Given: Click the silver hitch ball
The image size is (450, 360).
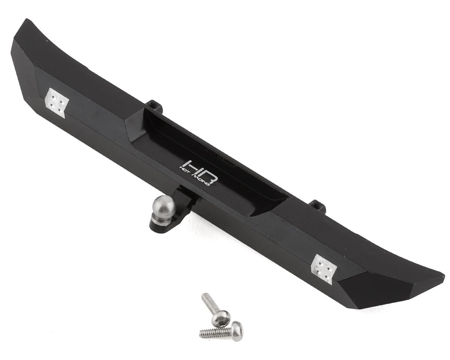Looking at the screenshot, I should tap(163, 205).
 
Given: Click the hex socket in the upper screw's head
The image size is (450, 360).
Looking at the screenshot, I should tap(221, 318).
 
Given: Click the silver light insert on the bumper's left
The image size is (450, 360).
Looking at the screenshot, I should tap(57, 102).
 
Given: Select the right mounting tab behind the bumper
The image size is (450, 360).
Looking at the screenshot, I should tap(317, 206).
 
